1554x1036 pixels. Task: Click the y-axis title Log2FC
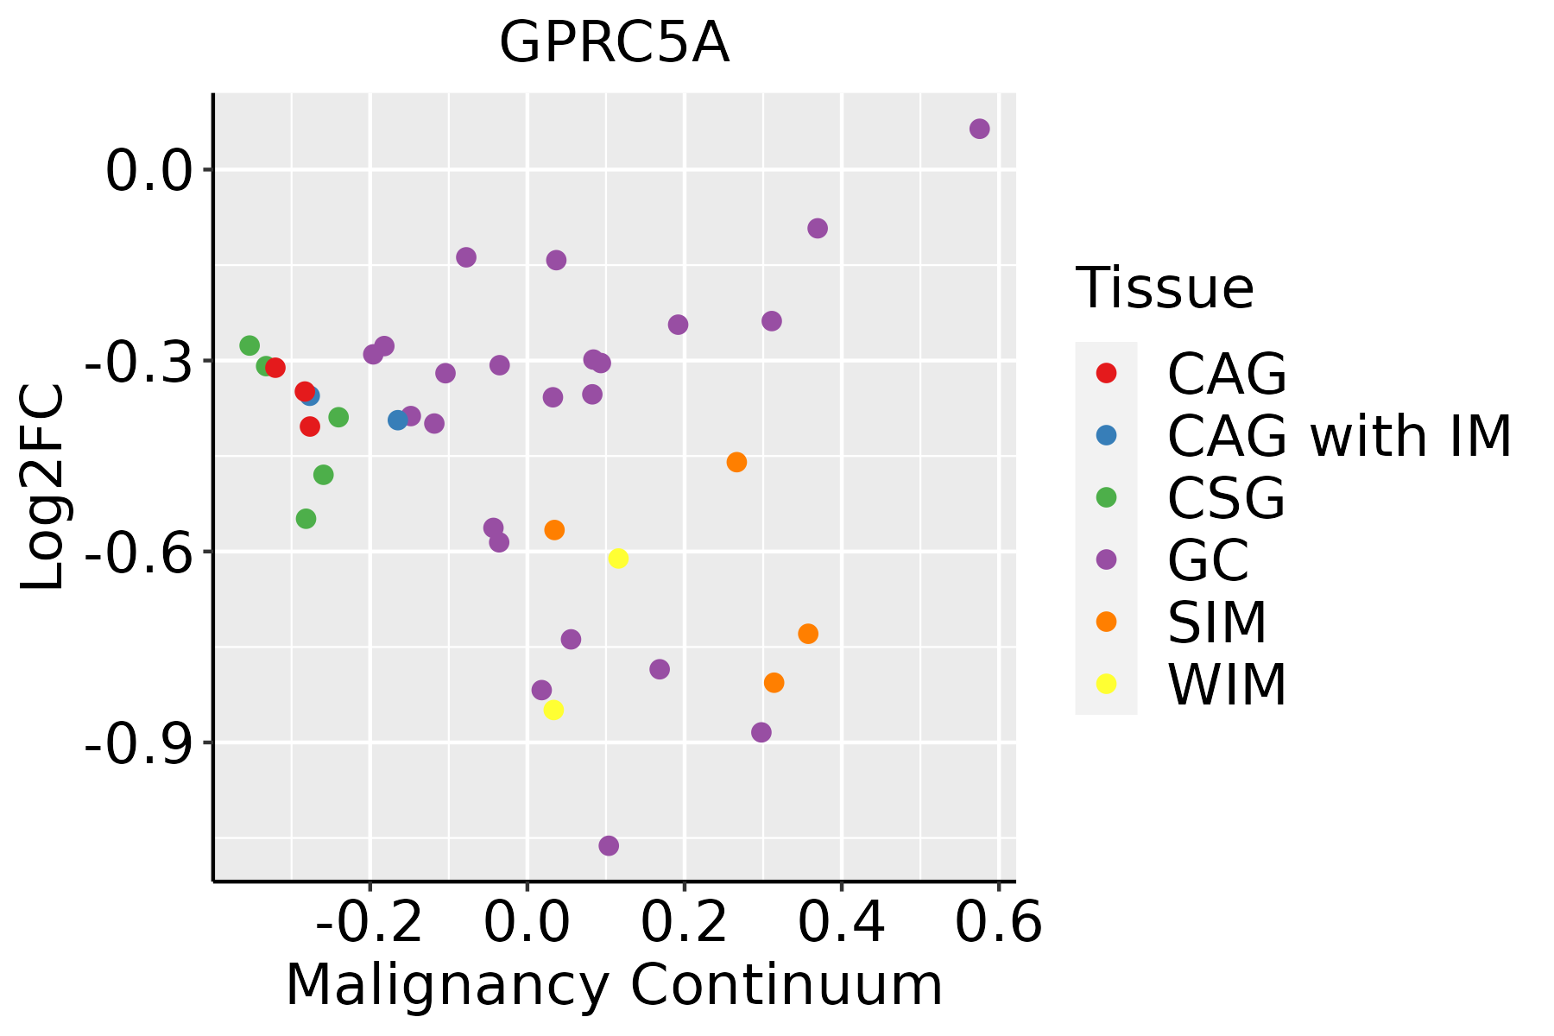point(43,487)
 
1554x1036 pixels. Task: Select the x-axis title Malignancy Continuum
point(614,985)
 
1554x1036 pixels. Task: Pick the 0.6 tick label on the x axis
point(999,923)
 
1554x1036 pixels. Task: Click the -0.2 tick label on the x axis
point(370,923)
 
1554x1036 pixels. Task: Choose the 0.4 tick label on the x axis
point(841,923)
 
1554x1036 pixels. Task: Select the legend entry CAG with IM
point(1339,436)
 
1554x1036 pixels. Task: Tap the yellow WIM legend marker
point(1106,684)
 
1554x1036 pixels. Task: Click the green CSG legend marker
point(1106,497)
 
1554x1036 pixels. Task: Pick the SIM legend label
point(1216,622)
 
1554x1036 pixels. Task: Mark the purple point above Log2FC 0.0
point(979,129)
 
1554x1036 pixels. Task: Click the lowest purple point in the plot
point(609,845)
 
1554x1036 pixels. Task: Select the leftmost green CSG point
point(250,345)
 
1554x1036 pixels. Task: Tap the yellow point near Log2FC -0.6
point(618,559)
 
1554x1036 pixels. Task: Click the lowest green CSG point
point(306,519)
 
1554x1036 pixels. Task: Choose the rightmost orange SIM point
point(808,634)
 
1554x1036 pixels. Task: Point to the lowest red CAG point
point(310,426)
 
